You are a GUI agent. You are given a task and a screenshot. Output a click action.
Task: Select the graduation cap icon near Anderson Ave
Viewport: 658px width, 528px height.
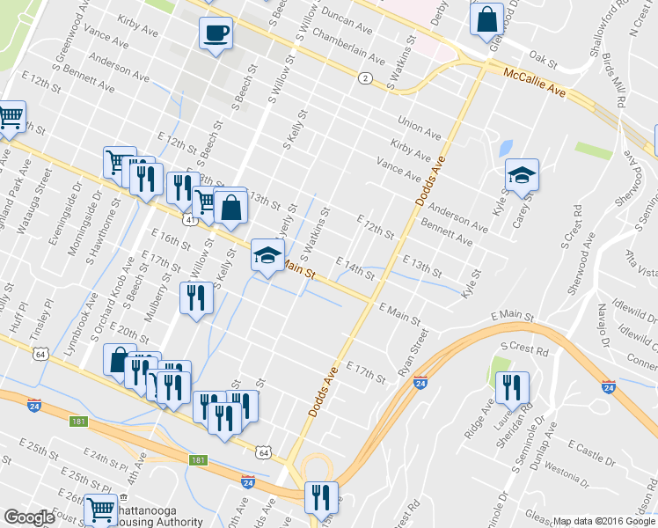(522, 175)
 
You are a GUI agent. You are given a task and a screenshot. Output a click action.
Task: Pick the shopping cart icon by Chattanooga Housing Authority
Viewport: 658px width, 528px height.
(101, 509)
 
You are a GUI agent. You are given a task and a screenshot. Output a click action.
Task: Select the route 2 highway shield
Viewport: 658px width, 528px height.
(363, 79)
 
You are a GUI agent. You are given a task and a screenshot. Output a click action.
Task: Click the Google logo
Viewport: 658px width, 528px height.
(28, 517)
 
